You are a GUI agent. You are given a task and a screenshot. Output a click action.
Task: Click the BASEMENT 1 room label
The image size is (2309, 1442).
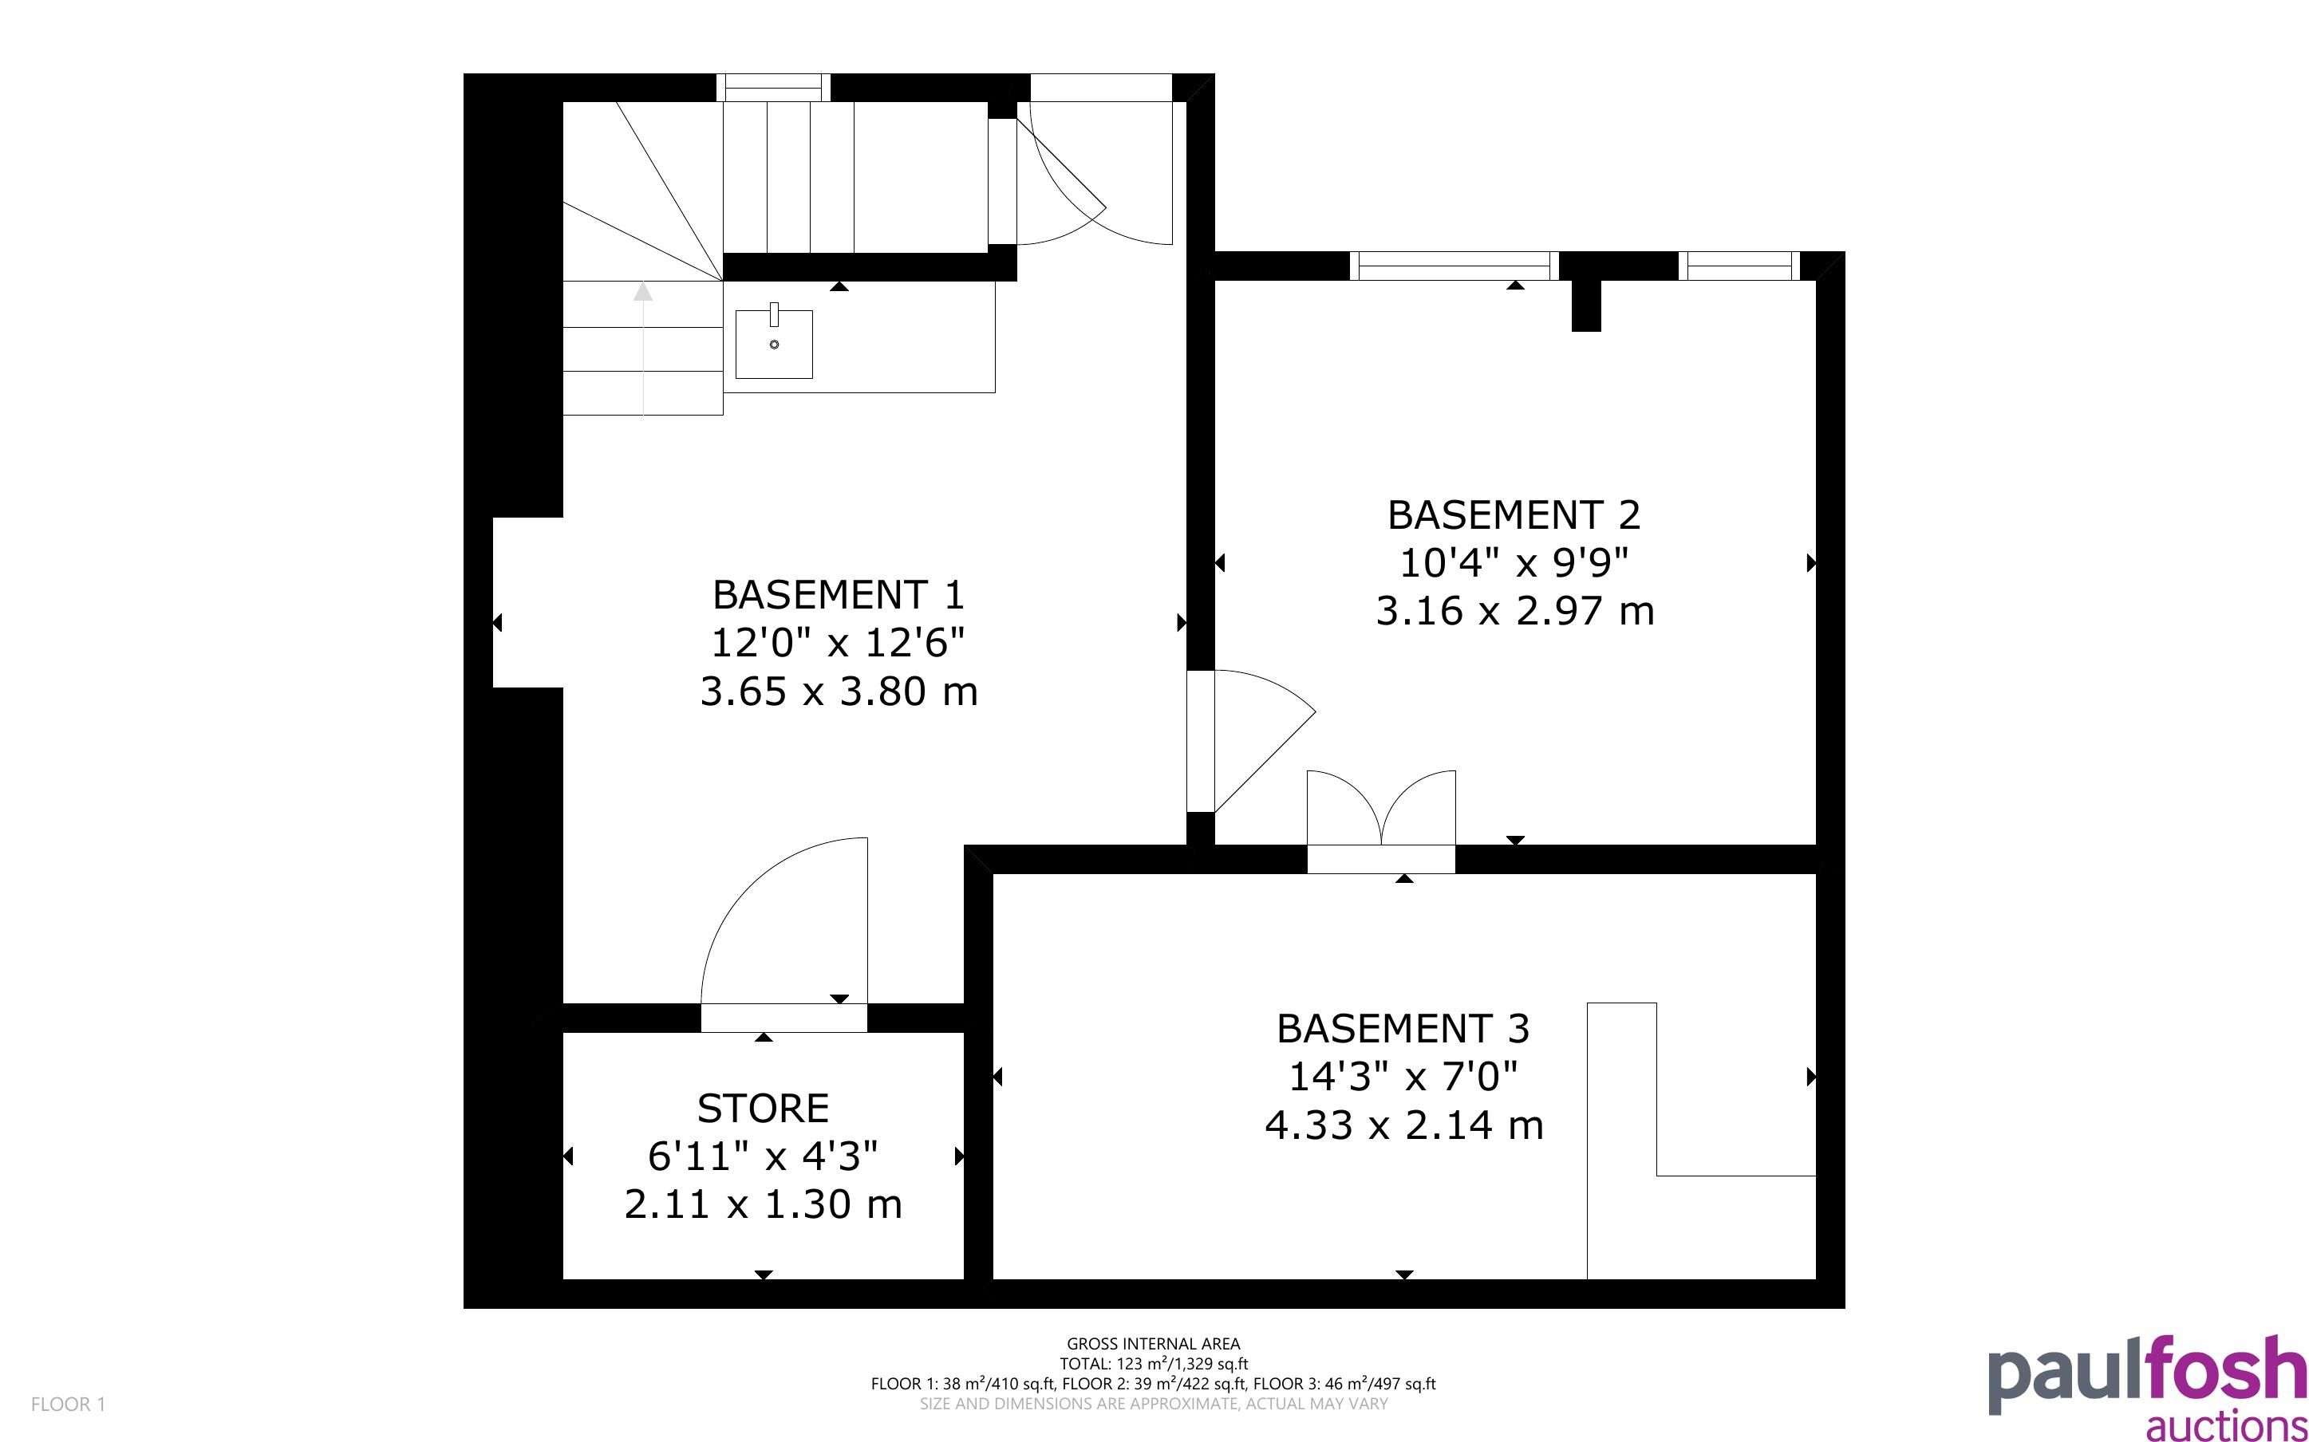coord(839,595)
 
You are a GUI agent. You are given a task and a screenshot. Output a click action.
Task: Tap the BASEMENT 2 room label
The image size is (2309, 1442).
coord(1514,515)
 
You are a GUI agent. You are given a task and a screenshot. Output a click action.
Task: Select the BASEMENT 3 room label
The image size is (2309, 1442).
coord(1403,1029)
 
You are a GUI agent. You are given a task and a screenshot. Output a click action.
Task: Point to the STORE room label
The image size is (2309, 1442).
coord(763,1108)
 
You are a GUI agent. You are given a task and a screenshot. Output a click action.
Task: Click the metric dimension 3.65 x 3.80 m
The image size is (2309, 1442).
coord(839,691)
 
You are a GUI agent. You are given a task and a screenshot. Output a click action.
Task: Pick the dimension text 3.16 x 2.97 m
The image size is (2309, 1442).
coord(1514,611)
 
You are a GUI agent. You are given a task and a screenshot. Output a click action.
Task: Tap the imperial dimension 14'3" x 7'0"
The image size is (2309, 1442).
coord(1403,1077)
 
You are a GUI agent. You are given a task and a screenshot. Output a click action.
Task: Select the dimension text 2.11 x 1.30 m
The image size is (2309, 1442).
coord(763,1204)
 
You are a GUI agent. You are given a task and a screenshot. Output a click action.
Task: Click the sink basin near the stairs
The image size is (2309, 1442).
coord(773,343)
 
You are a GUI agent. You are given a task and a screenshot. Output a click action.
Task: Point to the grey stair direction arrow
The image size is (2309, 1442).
coord(644,348)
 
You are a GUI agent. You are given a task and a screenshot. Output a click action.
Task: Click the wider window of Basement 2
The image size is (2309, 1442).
coord(1454,266)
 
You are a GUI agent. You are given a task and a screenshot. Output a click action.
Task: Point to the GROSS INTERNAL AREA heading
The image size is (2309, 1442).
coord(1153,1345)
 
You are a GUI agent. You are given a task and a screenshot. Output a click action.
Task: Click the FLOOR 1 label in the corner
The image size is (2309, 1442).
coord(68,1404)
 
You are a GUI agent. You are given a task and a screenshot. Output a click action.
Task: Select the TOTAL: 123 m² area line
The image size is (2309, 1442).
coord(1153,1364)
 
